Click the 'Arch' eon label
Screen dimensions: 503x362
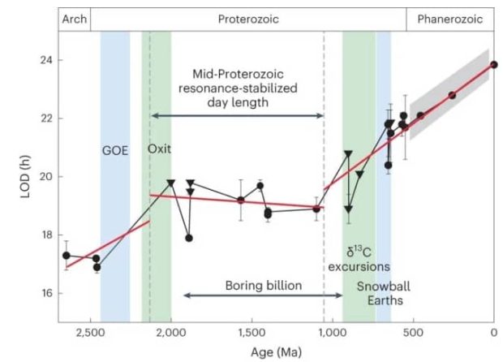coord(75,19)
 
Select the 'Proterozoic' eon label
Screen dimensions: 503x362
coord(248,19)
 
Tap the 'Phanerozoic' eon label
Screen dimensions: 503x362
coord(449,19)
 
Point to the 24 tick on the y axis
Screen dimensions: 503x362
coord(46,60)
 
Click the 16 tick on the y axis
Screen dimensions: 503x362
coord(46,293)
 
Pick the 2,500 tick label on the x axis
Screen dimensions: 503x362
coord(90,333)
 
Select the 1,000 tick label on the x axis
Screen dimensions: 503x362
coord(332,333)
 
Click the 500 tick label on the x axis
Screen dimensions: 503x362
coord(413,333)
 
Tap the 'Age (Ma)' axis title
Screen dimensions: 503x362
coord(276,352)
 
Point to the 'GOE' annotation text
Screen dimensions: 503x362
coord(115,150)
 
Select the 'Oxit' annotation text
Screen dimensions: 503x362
coord(159,149)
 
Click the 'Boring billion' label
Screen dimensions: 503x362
coord(264,286)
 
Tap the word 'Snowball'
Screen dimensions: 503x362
coord(384,287)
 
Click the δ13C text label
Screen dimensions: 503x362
coord(359,252)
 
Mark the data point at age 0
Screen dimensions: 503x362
coord(494,64)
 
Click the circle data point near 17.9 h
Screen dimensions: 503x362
coord(189,238)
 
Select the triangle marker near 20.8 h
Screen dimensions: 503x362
coord(348,153)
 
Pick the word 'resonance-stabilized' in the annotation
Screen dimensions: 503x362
coord(238,88)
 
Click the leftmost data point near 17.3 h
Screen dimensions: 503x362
coord(67,256)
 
